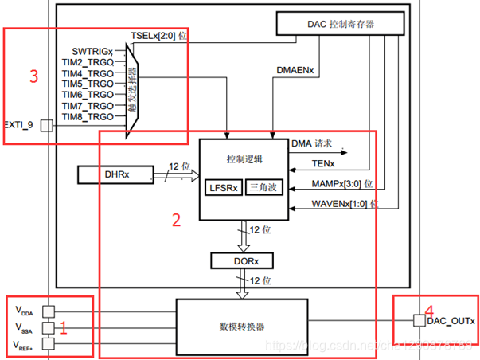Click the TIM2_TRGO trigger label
[88, 61]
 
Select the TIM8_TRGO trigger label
[88, 116]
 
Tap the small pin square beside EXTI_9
[45, 125]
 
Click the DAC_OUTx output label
[451, 321]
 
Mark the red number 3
[33, 76]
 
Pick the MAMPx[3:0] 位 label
[326, 184]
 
